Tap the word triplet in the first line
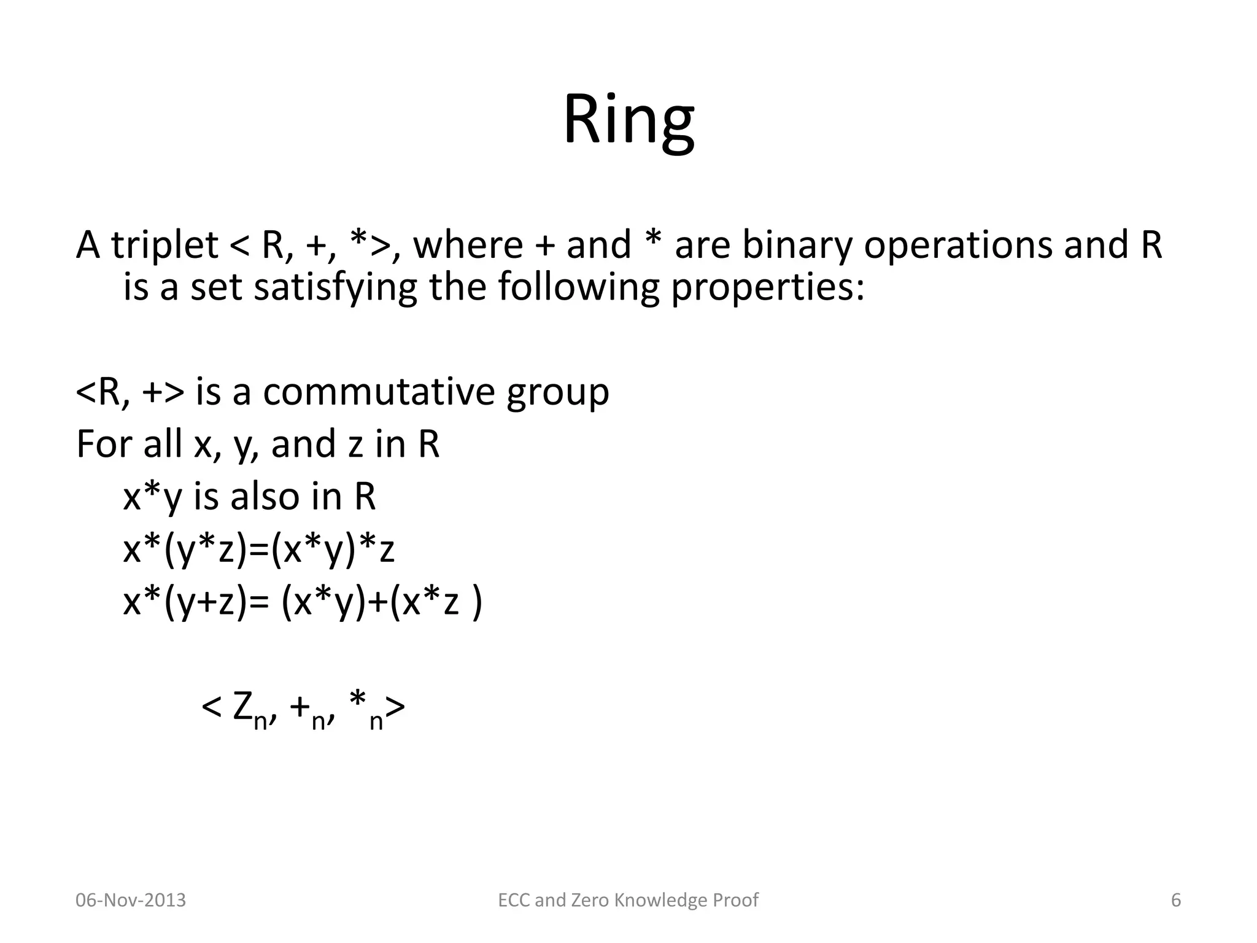pos(164,244)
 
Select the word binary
pos(796,244)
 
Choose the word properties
pos(767,287)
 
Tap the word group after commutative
pos(557,393)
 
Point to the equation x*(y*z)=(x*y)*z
pos(258,549)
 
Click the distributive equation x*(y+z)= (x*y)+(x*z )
pos(303,602)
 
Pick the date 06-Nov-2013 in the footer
pos(131,900)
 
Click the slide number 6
pos(1176,900)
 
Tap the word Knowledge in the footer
pos(660,900)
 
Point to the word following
pos(578,287)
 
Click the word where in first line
pos(467,244)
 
